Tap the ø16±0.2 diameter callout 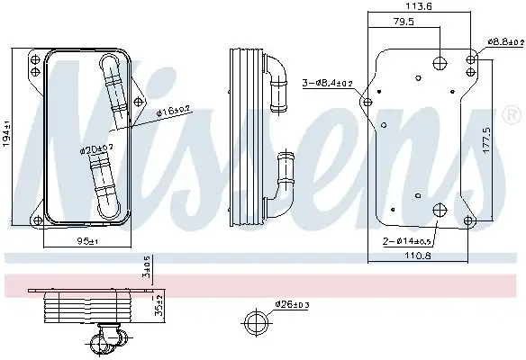click(x=172, y=111)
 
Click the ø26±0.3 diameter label click(x=293, y=304)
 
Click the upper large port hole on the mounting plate click(x=439, y=62)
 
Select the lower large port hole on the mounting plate click(x=439, y=211)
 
